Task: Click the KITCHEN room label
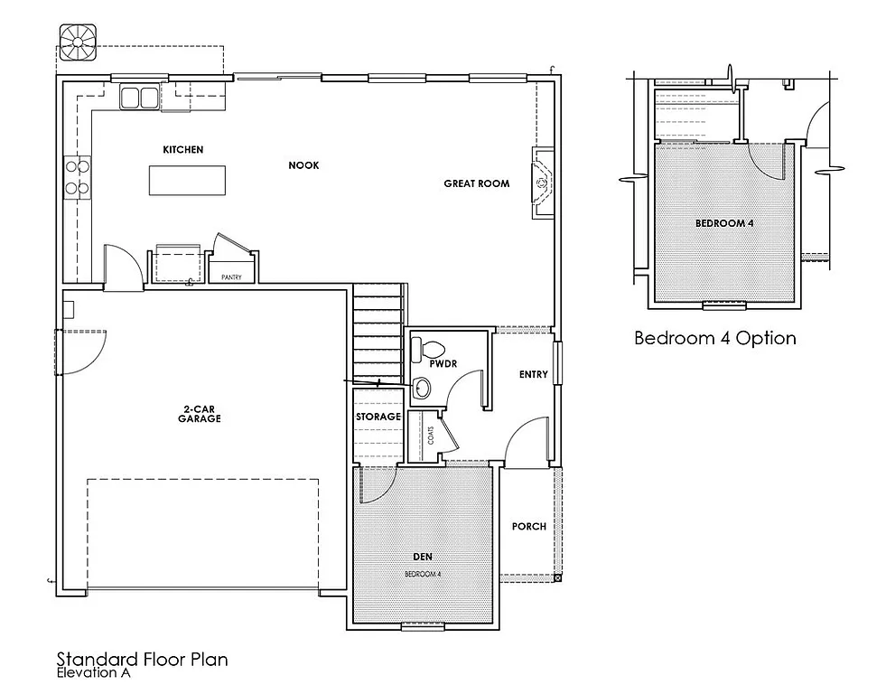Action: [182, 149]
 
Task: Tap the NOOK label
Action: [303, 165]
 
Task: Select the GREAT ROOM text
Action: [476, 183]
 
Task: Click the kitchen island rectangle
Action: [187, 181]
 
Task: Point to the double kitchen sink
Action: [138, 97]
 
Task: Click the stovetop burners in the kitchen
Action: [77, 177]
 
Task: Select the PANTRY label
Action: [231, 277]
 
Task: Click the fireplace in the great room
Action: [543, 183]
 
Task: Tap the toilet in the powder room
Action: [429, 348]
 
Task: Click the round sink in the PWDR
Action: [422, 389]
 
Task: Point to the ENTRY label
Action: [533, 374]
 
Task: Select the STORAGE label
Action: [378, 417]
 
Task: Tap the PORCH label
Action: [528, 526]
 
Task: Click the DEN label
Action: [422, 558]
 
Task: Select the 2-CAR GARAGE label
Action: [200, 414]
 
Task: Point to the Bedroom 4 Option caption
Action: [714, 339]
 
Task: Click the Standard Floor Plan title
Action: [142, 659]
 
